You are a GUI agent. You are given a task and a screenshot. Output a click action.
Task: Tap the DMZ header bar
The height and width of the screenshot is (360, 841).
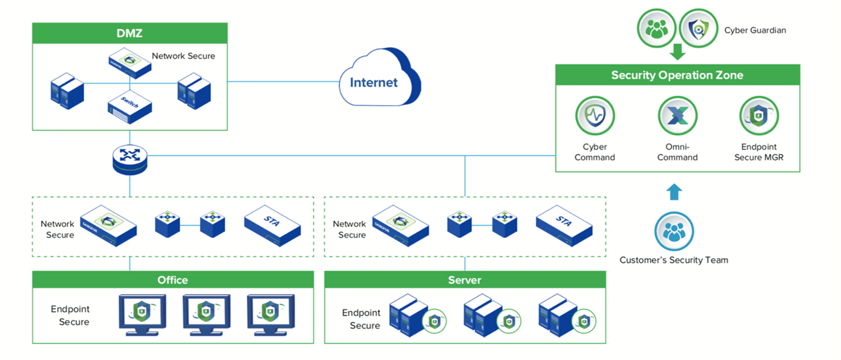(x=129, y=34)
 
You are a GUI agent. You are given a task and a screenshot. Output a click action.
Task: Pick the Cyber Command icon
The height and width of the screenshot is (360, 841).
(x=594, y=116)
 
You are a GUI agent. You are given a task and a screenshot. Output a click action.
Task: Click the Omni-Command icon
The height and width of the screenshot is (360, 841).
(x=677, y=116)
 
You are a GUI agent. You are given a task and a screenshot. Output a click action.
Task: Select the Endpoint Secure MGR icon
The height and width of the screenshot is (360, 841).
(x=759, y=116)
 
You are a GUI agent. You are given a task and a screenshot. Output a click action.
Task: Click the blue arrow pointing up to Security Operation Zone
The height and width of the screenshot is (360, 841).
(x=674, y=192)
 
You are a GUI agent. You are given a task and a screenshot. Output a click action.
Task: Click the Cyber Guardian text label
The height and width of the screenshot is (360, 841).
(x=755, y=29)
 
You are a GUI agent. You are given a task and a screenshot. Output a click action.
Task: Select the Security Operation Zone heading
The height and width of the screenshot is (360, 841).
(x=677, y=75)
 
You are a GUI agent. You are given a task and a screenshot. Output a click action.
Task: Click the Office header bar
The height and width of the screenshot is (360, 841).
(x=173, y=280)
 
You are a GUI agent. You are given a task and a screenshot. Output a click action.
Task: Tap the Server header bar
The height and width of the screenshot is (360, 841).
(x=464, y=280)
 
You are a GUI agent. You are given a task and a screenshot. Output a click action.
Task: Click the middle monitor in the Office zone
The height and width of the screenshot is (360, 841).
(x=206, y=314)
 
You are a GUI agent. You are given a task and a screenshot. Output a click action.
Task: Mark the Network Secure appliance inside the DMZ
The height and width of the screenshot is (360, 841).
(x=129, y=63)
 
